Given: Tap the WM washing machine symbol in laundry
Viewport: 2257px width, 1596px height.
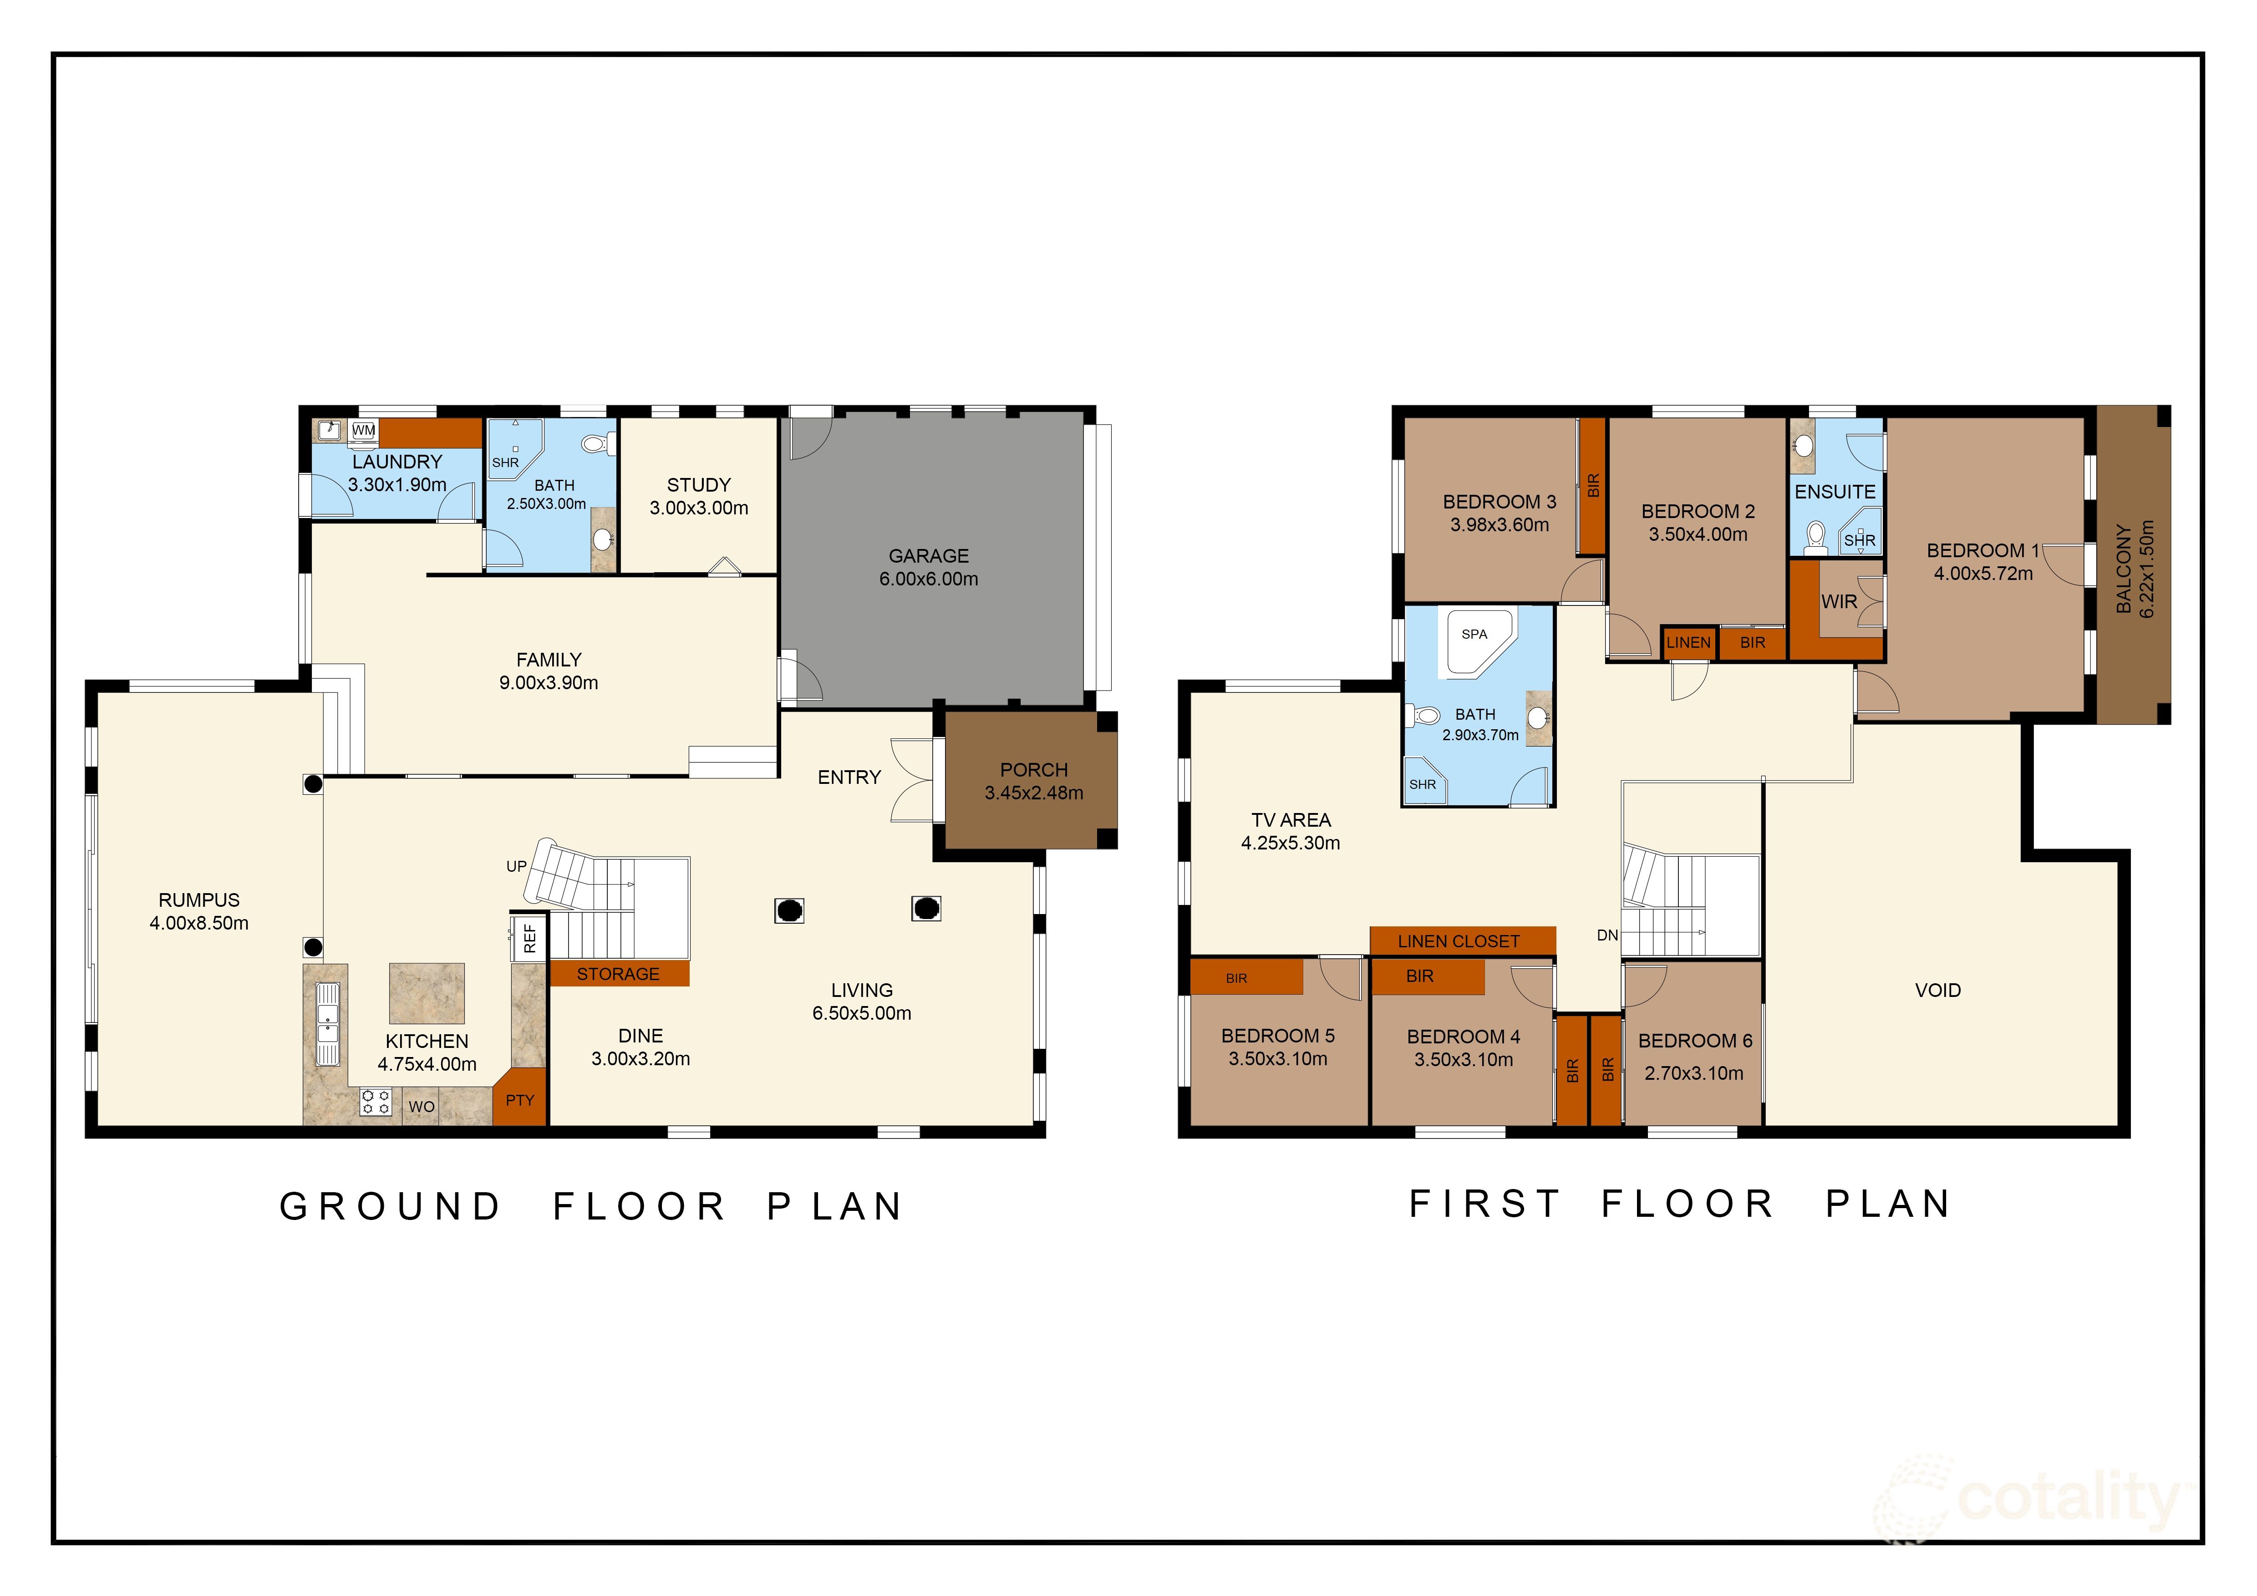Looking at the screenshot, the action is point(364,431).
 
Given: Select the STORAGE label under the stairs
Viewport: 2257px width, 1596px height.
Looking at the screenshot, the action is point(618,974).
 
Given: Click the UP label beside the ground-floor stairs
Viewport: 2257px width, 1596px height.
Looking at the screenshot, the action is point(516,866).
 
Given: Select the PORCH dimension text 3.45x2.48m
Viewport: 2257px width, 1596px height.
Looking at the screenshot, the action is point(1034,793).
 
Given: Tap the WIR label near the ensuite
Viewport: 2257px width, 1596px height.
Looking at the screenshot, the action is point(1839,601).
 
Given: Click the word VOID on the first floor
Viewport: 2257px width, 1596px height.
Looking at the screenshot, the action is point(1937,991).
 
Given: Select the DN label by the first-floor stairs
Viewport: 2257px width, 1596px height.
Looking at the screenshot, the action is point(1607,935).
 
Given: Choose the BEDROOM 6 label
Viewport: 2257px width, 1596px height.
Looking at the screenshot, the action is point(1695,1041).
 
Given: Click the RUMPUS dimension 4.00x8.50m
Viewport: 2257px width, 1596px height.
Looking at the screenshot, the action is point(198,923).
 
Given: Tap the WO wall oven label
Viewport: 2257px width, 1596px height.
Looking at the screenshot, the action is point(422,1107).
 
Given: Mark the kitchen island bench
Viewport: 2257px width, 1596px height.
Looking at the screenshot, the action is point(427,994).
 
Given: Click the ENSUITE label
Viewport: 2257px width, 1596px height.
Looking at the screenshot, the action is point(1834,491).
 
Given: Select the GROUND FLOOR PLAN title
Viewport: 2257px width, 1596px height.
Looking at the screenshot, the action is point(592,1207).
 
